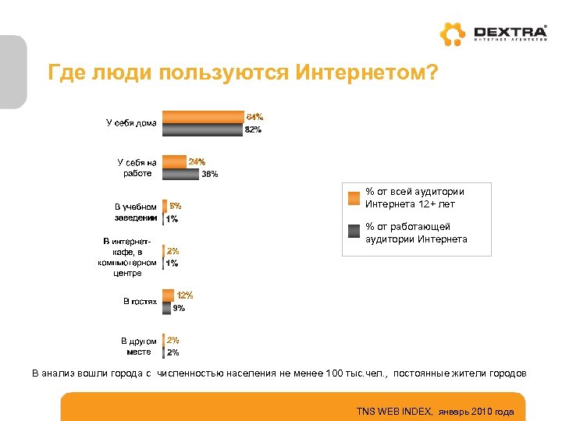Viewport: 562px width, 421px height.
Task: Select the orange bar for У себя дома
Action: pyautogui.click(x=202, y=117)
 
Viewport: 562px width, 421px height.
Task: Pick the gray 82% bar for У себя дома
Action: pyautogui.click(x=201, y=129)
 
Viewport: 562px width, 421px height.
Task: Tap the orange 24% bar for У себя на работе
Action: pyautogui.click(x=174, y=161)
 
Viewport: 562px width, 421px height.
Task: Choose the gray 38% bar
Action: pyautogui.click(x=180, y=174)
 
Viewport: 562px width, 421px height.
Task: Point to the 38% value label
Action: pyautogui.click(x=210, y=175)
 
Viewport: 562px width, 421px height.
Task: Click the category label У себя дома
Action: pyautogui.click(x=131, y=122)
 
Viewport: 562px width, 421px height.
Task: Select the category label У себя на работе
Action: pyautogui.click(x=137, y=168)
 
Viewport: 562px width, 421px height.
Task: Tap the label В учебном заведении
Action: pyautogui.click(x=135, y=212)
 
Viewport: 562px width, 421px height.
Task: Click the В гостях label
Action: pyautogui.click(x=140, y=301)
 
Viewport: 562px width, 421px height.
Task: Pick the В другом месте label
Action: pyautogui.click(x=138, y=346)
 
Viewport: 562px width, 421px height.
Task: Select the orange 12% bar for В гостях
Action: pyautogui.click(x=168, y=295)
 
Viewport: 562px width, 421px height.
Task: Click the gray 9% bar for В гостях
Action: pyautogui.click(x=166, y=308)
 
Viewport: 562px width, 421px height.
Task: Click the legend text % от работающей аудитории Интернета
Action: pyautogui.click(x=416, y=233)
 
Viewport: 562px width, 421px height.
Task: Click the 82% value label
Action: pyautogui.click(x=253, y=130)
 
